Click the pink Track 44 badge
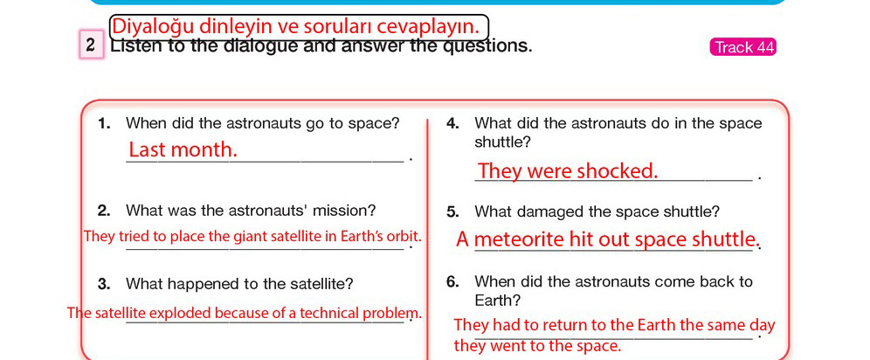pos(742,47)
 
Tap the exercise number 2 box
pos(92,45)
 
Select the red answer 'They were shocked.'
pos(568,171)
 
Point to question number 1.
pos(104,124)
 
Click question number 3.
pos(104,285)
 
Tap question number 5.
pos(452,212)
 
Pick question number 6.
pos(452,281)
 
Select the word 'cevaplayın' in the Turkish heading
pos(423,26)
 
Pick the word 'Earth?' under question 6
pos(498,301)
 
